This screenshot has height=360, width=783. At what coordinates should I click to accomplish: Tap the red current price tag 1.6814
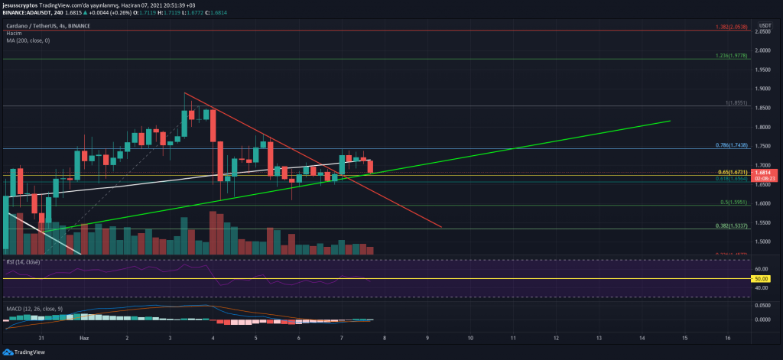tap(767, 173)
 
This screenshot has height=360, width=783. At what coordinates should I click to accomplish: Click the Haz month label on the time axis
tap(84, 337)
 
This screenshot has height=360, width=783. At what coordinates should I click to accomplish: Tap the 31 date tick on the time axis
tap(41, 337)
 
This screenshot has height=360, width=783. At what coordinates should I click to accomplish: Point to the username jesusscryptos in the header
tap(19, 5)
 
